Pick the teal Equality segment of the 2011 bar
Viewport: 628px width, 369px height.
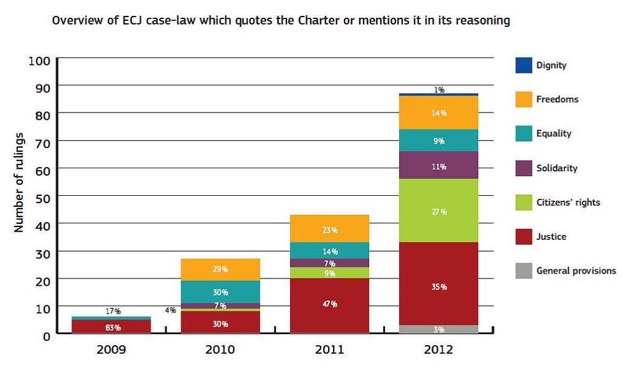330,250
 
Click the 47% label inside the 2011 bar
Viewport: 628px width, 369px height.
330,304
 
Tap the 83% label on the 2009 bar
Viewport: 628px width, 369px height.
113,327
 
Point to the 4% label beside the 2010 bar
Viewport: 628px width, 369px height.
170,310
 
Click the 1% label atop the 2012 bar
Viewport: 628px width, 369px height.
439,90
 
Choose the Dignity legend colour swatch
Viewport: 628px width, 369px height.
523,65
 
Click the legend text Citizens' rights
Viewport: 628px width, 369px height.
568,203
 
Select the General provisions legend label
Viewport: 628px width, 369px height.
576,270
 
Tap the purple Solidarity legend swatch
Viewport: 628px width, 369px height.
523,168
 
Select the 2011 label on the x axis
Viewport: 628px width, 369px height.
329,350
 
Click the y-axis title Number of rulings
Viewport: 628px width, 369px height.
19,182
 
